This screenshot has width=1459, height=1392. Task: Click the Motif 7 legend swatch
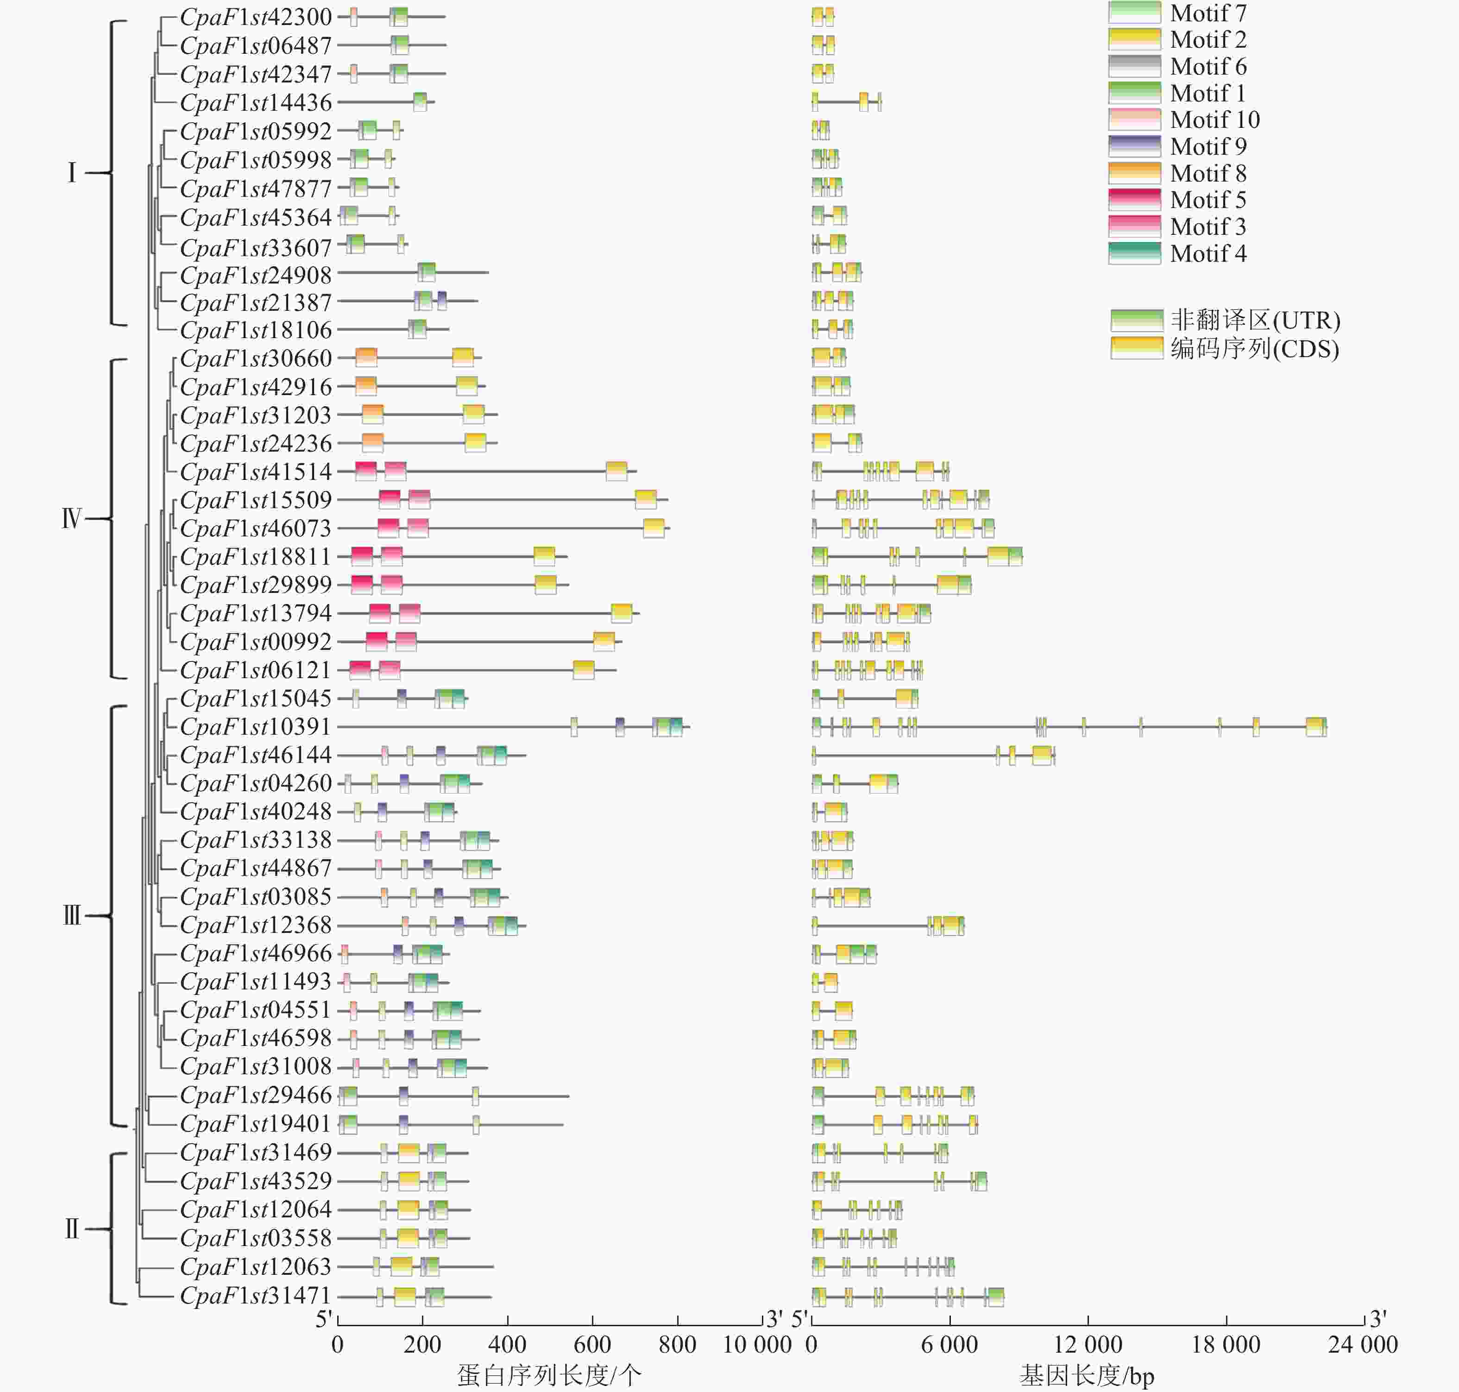[x=1134, y=13]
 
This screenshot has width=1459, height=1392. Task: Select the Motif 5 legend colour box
[x=1134, y=200]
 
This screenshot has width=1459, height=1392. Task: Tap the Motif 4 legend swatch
[x=1134, y=253]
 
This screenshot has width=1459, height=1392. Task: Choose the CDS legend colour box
[x=1136, y=348]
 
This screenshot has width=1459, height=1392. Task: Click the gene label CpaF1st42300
[x=256, y=17]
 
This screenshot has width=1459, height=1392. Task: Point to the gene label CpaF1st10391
[x=256, y=726]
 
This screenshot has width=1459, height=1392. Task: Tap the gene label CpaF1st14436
[x=256, y=102]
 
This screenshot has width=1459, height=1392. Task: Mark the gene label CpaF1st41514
[x=256, y=471]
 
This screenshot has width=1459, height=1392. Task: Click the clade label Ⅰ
[x=72, y=173]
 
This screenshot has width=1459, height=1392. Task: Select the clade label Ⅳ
[x=71, y=518]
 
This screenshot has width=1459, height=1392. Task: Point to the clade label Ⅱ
[x=71, y=1229]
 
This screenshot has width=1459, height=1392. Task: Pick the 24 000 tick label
[x=1363, y=1344]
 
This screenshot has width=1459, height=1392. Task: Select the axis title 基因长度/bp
[x=1087, y=1375]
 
